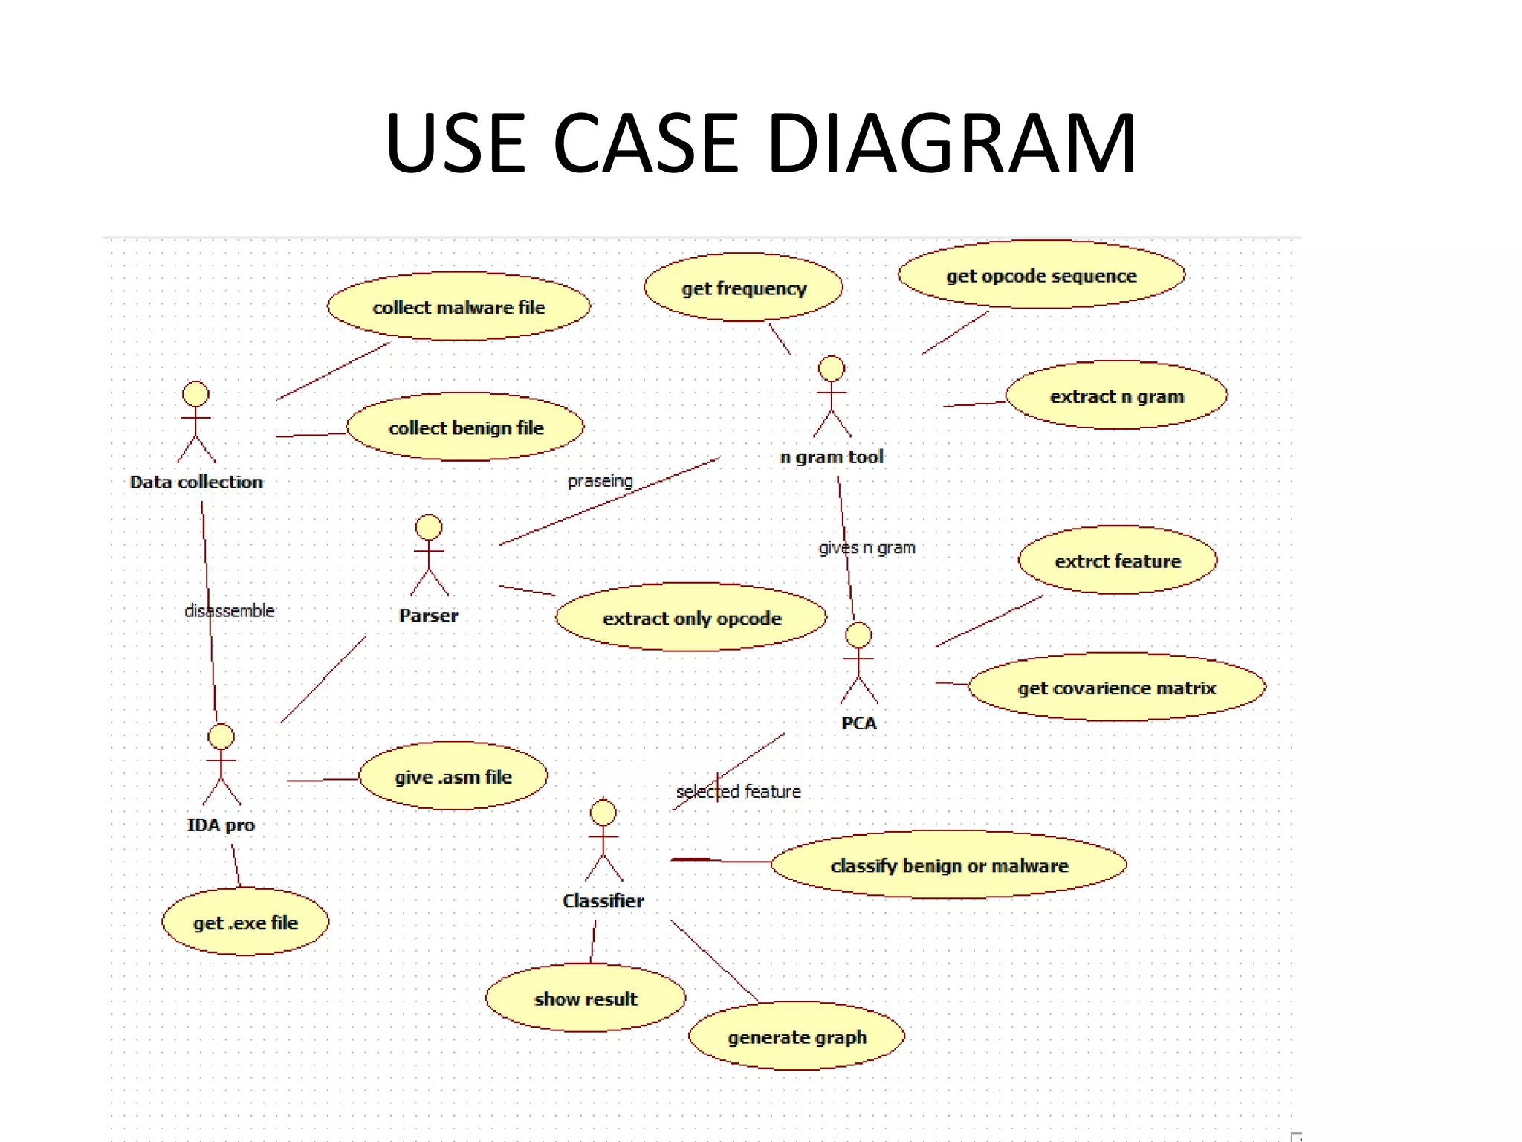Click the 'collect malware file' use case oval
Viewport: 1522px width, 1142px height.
(459, 306)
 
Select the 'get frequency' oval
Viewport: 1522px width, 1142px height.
(743, 288)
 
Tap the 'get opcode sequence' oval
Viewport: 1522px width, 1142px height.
(1041, 275)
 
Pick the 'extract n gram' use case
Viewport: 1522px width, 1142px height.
(1116, 396)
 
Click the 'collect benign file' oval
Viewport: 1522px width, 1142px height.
(465, 428)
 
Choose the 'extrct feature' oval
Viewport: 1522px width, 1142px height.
(1117, 561)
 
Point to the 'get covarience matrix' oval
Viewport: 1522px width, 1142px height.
(1116, 688)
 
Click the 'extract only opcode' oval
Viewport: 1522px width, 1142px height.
(691, 618)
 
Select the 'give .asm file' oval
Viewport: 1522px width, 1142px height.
(453, 776)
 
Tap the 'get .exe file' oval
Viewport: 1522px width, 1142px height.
(245, 922)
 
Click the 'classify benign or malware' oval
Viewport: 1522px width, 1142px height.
(949, 865)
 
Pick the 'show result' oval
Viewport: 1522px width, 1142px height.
(586, 999)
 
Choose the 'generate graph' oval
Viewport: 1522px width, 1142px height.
(797, 1036)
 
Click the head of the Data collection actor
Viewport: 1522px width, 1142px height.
(195, 394)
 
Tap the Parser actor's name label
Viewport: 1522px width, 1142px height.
(428, 615)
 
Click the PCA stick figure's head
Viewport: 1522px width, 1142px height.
(858, 635)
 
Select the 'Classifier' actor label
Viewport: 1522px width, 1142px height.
(603, 900)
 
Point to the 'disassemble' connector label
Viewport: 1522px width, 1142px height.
(230, 610)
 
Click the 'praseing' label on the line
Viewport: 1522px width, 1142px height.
(600, 481)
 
